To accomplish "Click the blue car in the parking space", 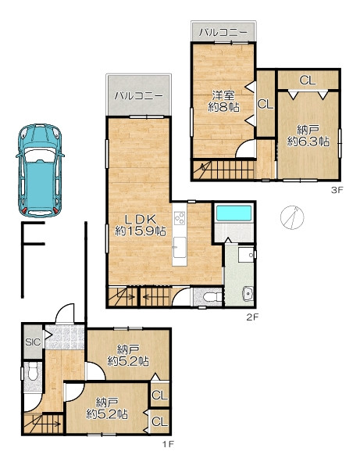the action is [40, 170].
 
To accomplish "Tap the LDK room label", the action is [141, 225].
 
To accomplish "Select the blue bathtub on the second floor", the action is [233, 213].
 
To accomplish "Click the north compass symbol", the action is [292, 217].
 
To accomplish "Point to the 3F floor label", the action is [337, 190].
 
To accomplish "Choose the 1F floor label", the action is [168, 444].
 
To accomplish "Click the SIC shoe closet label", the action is [33, 342].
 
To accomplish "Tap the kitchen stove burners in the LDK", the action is [180, 217].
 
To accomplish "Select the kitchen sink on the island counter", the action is [180, 247].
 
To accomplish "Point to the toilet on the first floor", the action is [32, 372].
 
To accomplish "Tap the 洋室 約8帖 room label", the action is [223, 101].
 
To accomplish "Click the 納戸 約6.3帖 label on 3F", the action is [308, 136].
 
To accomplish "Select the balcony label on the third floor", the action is [223, 32].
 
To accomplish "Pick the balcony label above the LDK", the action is [139, 95].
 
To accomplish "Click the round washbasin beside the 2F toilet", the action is [248, 293].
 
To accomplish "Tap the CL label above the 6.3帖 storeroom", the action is [308, 81].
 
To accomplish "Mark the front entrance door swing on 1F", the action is [65, 313].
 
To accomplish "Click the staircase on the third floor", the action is [224, 170].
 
